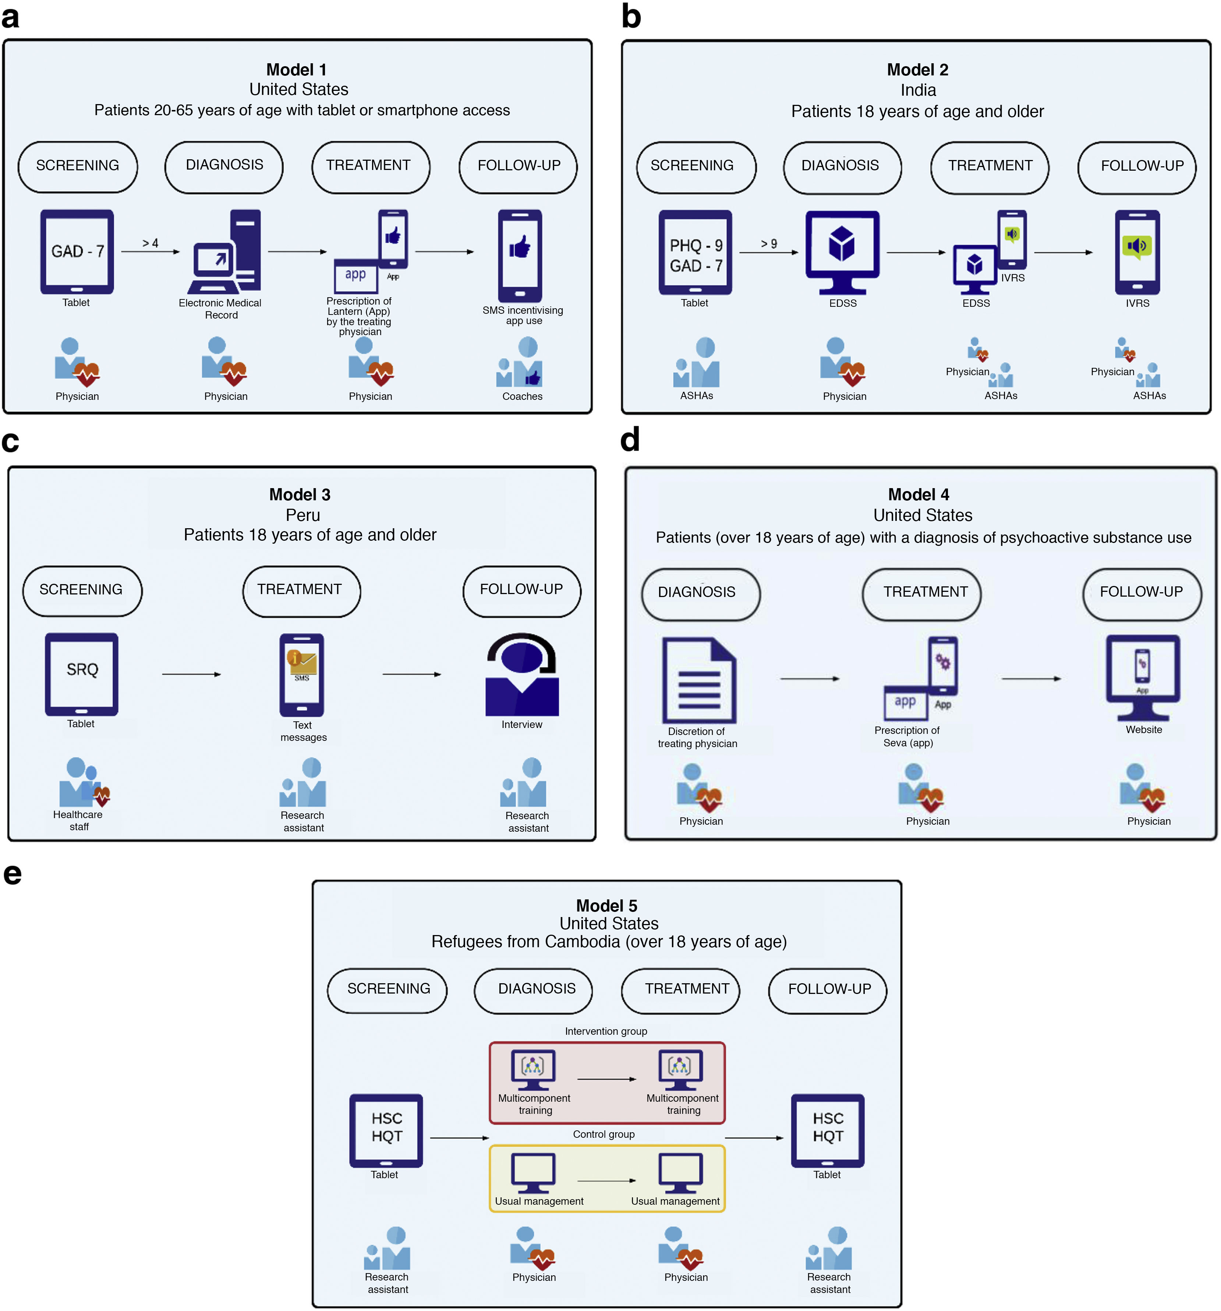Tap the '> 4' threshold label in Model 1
[151, 244]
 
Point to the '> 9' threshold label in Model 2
[768, 244]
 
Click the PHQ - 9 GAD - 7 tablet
[695, 253]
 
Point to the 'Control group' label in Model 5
[604, 1134]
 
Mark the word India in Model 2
[917, 90]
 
